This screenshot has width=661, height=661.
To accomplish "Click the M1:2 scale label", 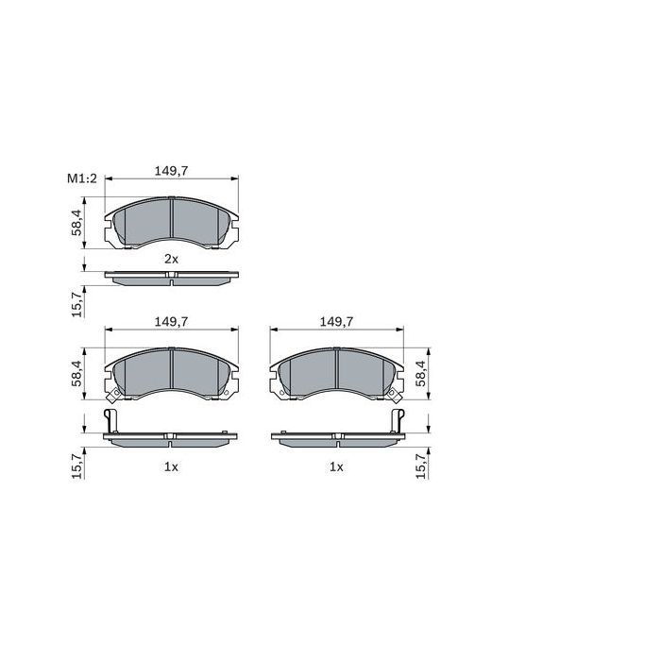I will coord(82,178).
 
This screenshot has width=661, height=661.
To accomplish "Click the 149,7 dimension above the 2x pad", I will coord(171,171).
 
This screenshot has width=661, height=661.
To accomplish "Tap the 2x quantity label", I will coord(171,258).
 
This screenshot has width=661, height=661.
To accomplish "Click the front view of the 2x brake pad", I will coord(171,225).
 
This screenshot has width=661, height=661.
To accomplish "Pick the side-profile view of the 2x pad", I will coord(171,278).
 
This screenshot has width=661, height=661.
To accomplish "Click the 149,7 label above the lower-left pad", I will coord(171,322).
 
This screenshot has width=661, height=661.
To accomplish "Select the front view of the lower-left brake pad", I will coord(171,373).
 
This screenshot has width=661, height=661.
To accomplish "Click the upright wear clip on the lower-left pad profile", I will coord(110,421).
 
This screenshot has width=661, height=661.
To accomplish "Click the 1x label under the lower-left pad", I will coord(171,466).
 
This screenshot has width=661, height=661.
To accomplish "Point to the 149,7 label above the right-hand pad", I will coord(337,322).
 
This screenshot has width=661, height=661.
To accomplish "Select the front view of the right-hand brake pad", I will coord(337,373).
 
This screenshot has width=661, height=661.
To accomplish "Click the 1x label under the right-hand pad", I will coord(336,466).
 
